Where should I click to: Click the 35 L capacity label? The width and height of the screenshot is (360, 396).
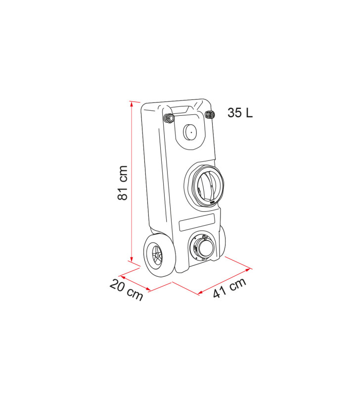(240, 113)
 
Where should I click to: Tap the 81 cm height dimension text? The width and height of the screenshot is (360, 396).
(123, 183)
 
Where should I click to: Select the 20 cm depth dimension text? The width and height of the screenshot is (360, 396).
(127, 290)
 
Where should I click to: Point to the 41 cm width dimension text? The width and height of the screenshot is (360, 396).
(229, 288)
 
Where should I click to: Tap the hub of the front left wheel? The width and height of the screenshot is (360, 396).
(158, 257)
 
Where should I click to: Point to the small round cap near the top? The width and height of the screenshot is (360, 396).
(190, 131)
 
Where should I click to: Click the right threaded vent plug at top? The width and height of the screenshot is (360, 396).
(209, 115)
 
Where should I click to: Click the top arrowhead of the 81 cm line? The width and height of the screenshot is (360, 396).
(132, 103)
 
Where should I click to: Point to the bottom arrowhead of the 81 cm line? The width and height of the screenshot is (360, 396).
(132, 260)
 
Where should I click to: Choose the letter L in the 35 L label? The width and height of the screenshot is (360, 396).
(248, 113)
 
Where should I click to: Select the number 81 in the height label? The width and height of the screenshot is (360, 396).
(123, 194)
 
